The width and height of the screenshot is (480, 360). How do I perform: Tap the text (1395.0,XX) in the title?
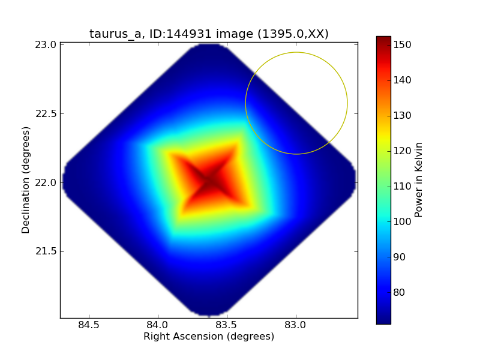tap(292, 34)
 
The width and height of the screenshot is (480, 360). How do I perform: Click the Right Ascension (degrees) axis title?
tap(209, 337)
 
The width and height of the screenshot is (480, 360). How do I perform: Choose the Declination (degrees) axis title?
tap(26, 179)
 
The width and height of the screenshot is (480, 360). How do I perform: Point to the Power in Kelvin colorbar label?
tap(419, 179)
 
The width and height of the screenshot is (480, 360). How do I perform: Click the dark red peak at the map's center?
tap(209, 180)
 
